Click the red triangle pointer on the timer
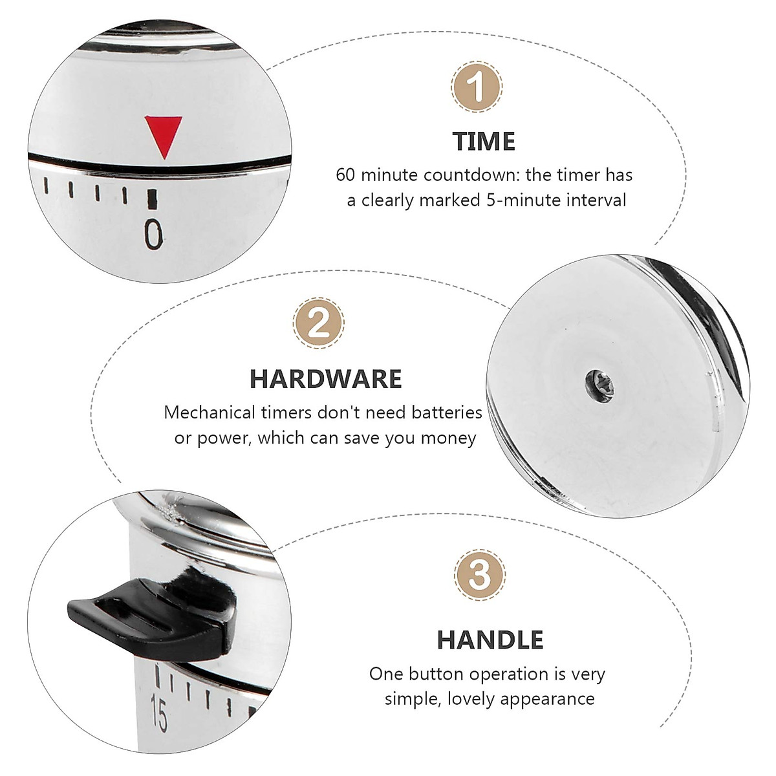click(164, 135)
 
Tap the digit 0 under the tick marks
click(153, 234)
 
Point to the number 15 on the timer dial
click(158, 713)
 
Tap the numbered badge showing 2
click(318, 322)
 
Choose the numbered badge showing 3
click(480, 574)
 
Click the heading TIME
click(484, 141)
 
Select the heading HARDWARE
click(325, 379)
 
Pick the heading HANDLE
click(490, 640)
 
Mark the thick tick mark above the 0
click(153, 199)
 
